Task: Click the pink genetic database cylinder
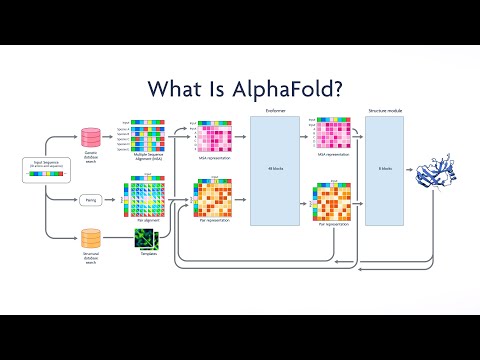tap(91, 136)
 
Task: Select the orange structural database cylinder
tap(91, 238)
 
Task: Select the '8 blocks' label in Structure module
tap(385, 168)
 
